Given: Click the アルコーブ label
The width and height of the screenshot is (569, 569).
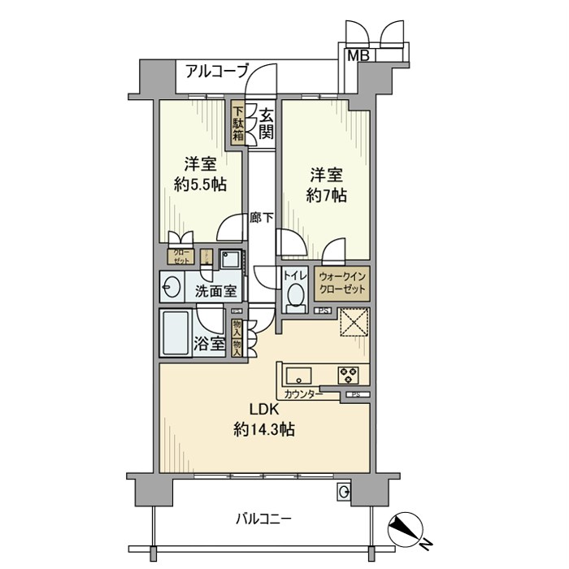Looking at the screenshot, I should pyautogui.click(x=216, y=71).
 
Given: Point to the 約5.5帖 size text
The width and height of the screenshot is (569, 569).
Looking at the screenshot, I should pyautogui.click(x=199, y=185).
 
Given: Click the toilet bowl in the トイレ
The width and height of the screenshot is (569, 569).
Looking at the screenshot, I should pyautogui.click(x=295, y=295).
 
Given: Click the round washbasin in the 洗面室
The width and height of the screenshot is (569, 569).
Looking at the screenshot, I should pyautogui.click(x=172, y=287).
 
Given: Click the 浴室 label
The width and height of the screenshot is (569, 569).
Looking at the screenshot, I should pyautogui.click(x=210, y=344).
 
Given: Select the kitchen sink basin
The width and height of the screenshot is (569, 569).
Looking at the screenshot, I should pyautogui.click(x=298, y=375).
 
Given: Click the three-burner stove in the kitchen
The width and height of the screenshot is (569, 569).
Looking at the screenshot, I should pyautogui.click(x=350, y=375).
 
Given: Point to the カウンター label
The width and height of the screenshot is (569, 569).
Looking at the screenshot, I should pyautogui.click(x=302, y=395).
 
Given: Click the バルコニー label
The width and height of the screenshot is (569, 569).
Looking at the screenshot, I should pyautogui.click(x=264, y=518).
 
